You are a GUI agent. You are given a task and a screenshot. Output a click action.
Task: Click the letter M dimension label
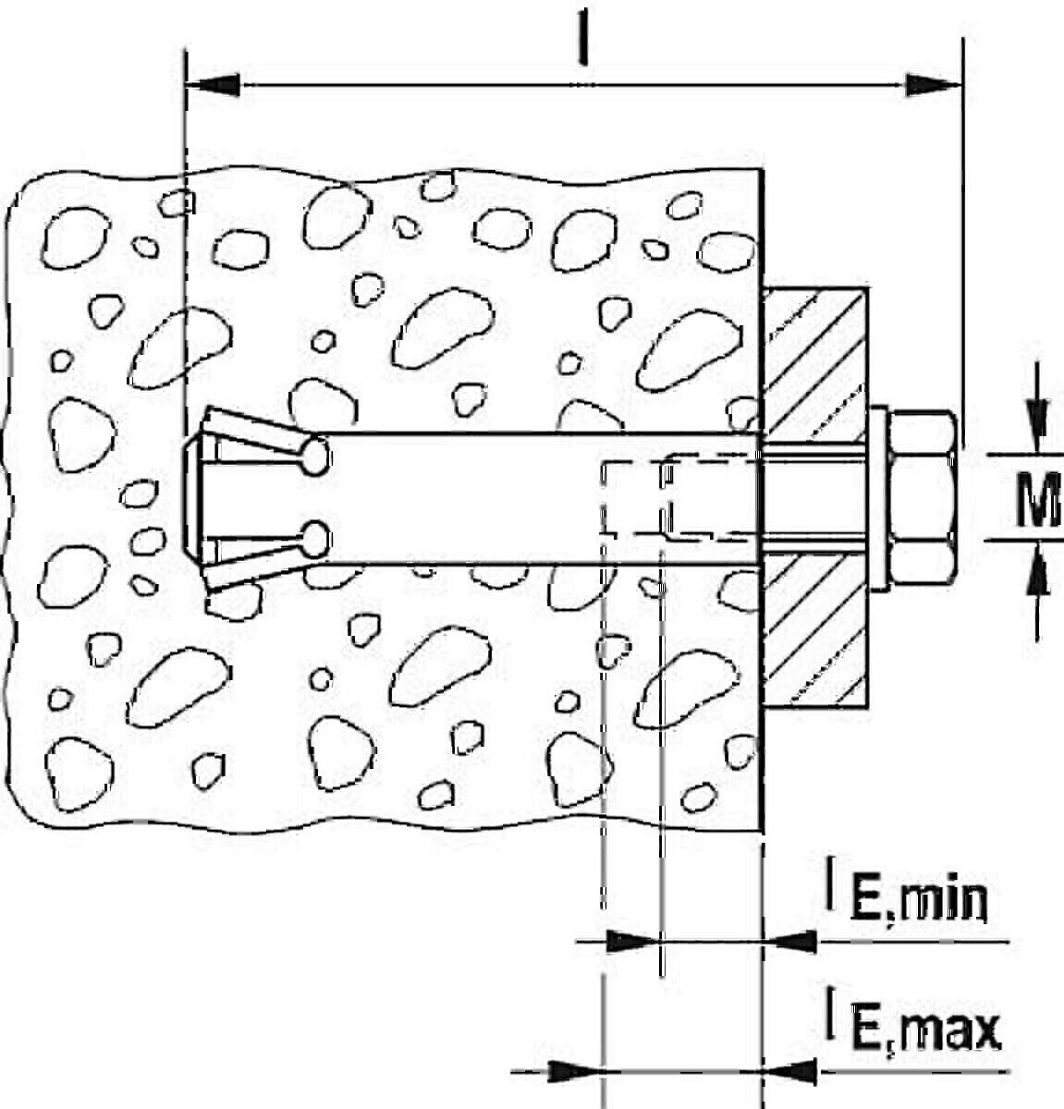click(1039, 498)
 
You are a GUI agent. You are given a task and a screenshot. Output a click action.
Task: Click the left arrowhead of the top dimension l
click(213, 85)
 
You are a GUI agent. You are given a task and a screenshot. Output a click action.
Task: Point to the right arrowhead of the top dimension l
click(934, 85)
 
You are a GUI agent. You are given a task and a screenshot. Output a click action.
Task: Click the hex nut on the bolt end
click(923, 497)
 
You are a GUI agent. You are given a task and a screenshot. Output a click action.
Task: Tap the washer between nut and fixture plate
click(879, 498)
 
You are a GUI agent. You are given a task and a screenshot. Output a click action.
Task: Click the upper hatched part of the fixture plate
click(815, 365)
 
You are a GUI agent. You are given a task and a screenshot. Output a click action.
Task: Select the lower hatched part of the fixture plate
click(815, 631)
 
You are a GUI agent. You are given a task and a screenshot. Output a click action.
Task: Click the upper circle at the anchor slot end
click(315, 456)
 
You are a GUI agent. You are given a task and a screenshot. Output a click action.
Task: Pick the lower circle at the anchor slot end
click(315, 539)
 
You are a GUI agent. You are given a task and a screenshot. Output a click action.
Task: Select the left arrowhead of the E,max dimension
click(574, 1071)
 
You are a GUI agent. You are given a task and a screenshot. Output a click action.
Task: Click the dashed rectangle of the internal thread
click(682, 498)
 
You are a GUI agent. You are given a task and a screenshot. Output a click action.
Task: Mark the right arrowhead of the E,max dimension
click(789, 1071)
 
